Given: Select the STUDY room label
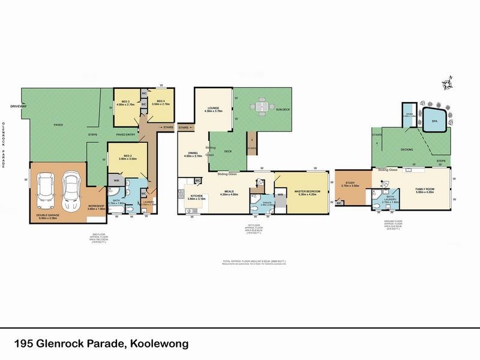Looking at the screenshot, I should pyautogui.click(x=346, y=185).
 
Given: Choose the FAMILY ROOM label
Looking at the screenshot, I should pyautogui.click(x=425, y=190).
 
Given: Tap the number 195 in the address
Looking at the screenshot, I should pyautogui.click(x=25, y=344).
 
